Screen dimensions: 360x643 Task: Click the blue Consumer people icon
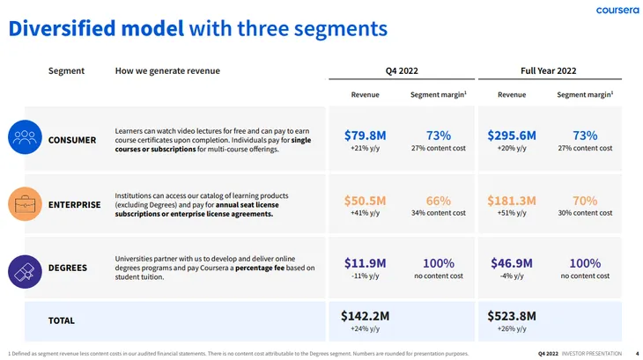(x=25, y=136)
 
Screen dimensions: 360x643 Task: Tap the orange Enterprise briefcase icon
(x=25, y=202)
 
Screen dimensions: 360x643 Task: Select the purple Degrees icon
(x=25, y=268)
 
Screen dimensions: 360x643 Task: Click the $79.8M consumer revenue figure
(x=365, y=135)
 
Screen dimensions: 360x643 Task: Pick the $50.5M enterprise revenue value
(x=365, y=201)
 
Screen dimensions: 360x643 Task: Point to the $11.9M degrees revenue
(x=365, y=263)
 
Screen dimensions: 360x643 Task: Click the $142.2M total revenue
(x=365, y=315)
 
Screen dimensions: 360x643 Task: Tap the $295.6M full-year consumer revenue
(x=512, y=135)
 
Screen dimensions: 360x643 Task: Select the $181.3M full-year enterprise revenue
(x=512, y=201)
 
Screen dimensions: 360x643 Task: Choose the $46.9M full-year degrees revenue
(x=512, y=263)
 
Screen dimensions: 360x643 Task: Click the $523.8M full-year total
(x=512, y=315)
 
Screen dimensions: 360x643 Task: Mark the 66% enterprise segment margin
(x=438, y=201)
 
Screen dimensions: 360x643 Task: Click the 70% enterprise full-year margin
(x=584, y=201)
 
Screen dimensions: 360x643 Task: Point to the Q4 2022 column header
(x=402, y=70)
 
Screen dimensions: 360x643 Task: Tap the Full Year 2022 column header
(x=549, y=70)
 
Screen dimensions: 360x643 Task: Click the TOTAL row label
(x=61, y=320)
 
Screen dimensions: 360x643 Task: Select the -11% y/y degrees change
(x=365, y=276)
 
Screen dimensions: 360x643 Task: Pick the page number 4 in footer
(x=637, y=354)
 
